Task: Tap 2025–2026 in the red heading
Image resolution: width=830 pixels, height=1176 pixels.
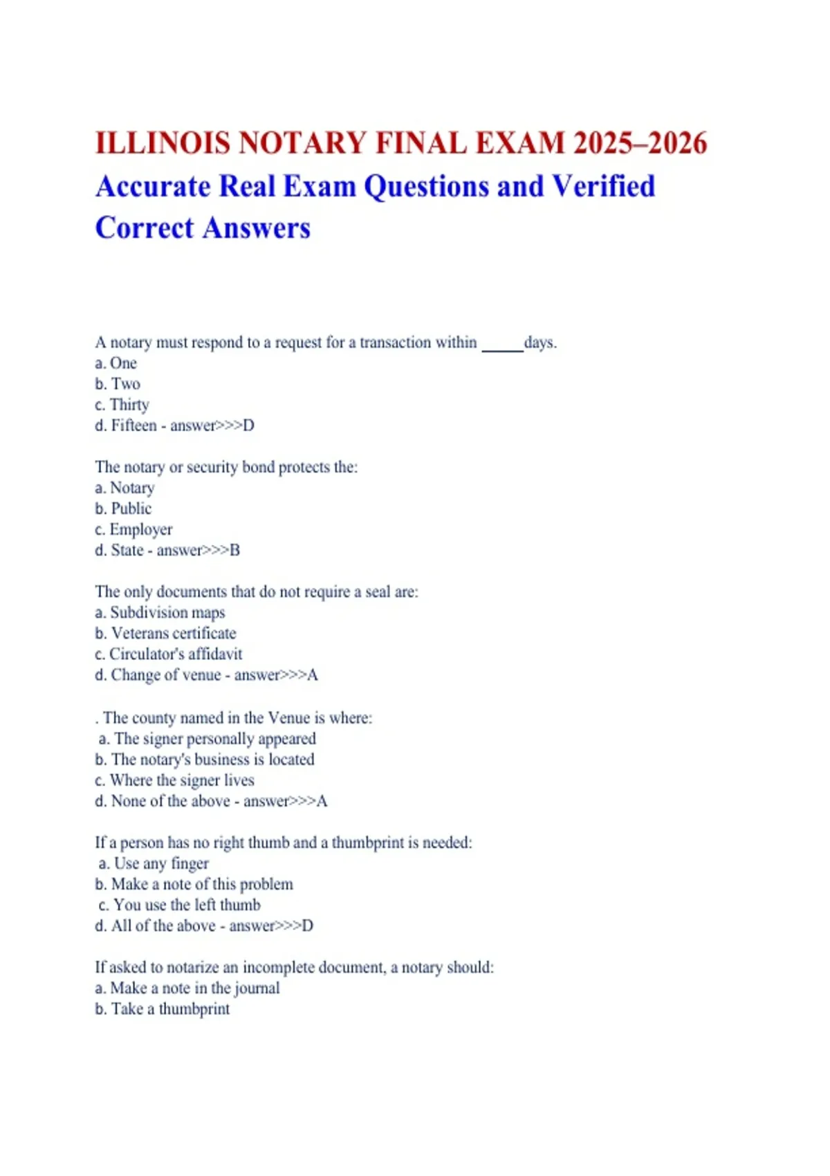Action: point(640,143)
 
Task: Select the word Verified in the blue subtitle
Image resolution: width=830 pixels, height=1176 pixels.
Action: point(603,186)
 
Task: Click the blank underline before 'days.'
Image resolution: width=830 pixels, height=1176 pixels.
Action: point(502,345)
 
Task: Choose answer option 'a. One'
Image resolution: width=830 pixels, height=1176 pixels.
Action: point(116,363)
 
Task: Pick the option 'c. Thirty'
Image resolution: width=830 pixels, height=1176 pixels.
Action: point(122,405)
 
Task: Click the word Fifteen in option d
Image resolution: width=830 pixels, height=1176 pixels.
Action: point(134,425)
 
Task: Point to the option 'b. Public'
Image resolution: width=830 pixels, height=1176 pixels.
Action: point(123,508)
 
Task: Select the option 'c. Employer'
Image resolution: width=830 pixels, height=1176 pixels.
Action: point(133,529)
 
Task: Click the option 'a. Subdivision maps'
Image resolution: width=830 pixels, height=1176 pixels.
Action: point(160,612)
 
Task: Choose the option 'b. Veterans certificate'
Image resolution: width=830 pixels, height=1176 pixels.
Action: point(165,633)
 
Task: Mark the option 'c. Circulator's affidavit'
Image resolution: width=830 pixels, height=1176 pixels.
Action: point(169,654)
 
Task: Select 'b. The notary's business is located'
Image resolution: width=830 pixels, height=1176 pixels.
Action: point(205,760)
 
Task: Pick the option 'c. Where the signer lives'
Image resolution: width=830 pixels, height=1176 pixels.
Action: point(174,780)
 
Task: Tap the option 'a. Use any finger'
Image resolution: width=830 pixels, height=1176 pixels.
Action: point(154,863)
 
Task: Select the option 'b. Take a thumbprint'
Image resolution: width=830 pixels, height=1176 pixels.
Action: point(162,1009)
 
